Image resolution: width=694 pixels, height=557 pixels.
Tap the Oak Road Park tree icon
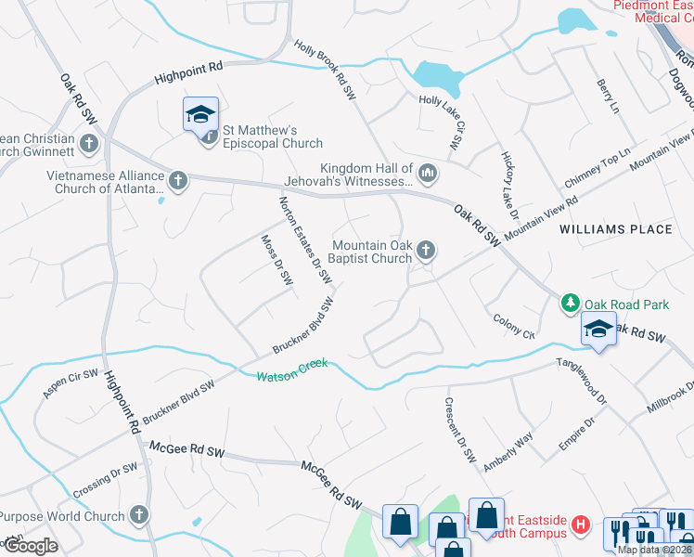pyautogui.click(x=570, y=303)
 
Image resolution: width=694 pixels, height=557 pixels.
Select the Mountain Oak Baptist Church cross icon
pyautogui.click(x=426, y=249)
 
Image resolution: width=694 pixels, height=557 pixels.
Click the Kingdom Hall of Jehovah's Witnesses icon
pyautogui.click(x=428, y=172)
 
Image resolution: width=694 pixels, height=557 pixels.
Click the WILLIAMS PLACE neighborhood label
pyautogui.click(x=616, y=229)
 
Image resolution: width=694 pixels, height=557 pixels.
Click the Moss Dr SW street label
pyautogui.click(x=276, y=260)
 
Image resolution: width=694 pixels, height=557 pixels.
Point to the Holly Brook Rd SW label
pyautogui.click(x=326, y=70)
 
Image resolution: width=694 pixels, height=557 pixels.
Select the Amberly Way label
pyautogui.click(x=507, y=451)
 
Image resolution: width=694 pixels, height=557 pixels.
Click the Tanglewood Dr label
pyautogui.click(x=581, y=381)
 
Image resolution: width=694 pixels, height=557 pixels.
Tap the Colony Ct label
pyautogui.click(x=515, y=327)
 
